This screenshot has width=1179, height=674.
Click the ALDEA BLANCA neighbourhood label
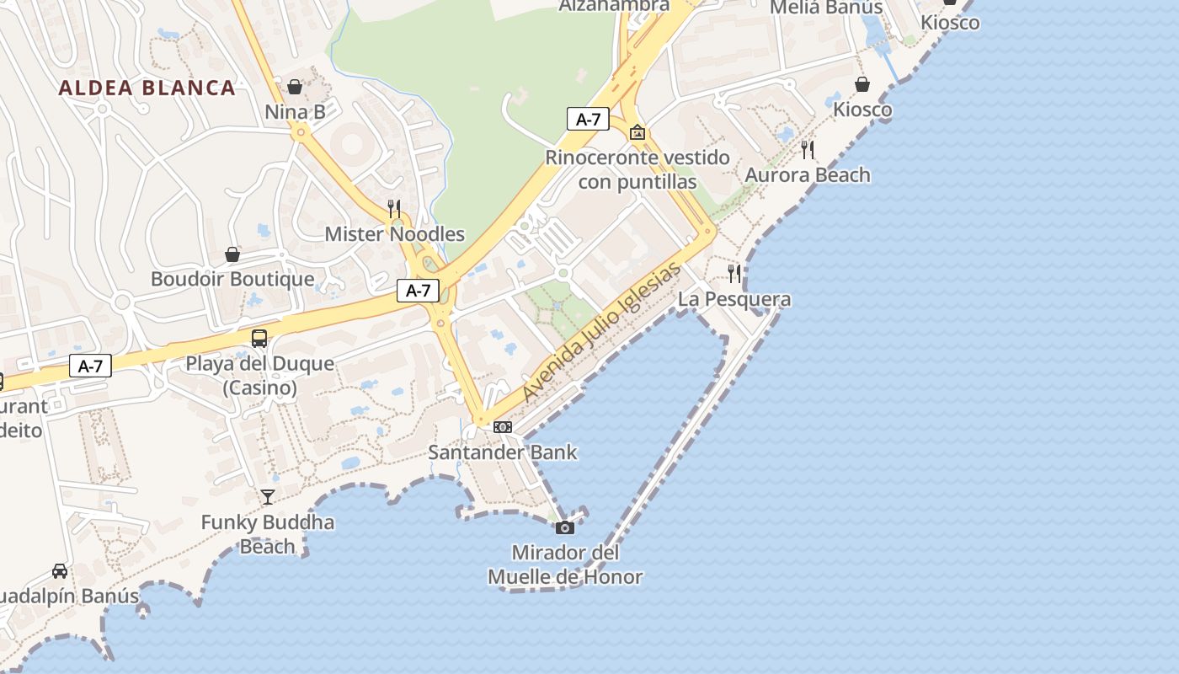[x=147, y=88]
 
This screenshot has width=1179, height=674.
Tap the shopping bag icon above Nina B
[x=295, y=87]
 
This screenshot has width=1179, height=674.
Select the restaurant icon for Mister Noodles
[x=393, y=208]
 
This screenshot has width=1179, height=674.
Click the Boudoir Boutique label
[x=232, y=279]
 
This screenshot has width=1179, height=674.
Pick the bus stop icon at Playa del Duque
[x=259, y=339]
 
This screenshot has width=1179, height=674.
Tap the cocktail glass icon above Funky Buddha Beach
[x=268, y=496]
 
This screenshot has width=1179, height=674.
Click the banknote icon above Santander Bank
[x=503, y=427]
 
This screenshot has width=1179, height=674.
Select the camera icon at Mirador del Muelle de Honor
[x=565, y=528]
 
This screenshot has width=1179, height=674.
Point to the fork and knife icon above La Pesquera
[x=735, y=273]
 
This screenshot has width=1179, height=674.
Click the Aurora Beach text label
[x=808, y=175]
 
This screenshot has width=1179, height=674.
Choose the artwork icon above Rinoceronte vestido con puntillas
[x=638, y=132]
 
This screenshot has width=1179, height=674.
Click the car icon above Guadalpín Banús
[x=60, y=571]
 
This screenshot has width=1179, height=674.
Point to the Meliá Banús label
[x=826, y=8]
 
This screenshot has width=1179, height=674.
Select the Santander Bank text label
[x=503, y=452]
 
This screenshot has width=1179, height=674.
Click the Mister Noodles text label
[x=395, y=234]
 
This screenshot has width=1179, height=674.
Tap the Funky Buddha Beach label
[x=268, y=534]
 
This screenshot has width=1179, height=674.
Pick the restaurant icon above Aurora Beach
[x=808, y=150]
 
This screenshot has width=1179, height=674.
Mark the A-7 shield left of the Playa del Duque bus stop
[x=90, y=366]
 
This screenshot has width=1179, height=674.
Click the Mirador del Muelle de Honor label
[x=565, y=565]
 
